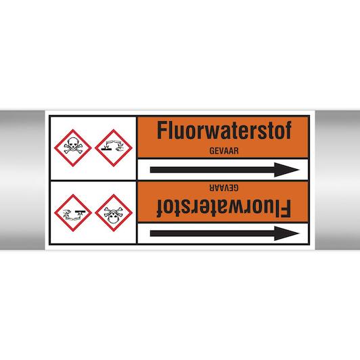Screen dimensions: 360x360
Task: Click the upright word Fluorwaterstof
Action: tap(224, 130)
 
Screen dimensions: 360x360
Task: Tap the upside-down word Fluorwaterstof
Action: tap(224, 208)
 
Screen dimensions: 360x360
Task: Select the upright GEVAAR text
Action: tap(224, 151)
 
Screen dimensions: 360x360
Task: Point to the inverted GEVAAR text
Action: tap(224, 187)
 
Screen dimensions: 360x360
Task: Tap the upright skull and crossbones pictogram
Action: tap(73, 148)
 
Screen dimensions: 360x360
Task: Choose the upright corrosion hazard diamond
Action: tap(114, 148)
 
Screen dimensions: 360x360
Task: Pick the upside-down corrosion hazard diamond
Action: tap(73, 213)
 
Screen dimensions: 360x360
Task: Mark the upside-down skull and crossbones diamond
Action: tap(114, 213)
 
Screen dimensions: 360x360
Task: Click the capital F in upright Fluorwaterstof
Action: tap(162, 130)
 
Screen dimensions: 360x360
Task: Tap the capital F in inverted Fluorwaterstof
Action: tap(286, 208)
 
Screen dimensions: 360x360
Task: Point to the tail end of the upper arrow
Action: tap(151, 170)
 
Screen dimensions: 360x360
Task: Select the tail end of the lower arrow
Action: tap(151, 233)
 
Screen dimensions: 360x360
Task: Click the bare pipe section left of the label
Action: tap(22, 180)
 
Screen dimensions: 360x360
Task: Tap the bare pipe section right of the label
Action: tap(338, 180)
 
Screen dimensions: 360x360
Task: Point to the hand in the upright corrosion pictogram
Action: tap(120, 150)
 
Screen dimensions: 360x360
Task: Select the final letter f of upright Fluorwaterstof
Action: tap(288, 130)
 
